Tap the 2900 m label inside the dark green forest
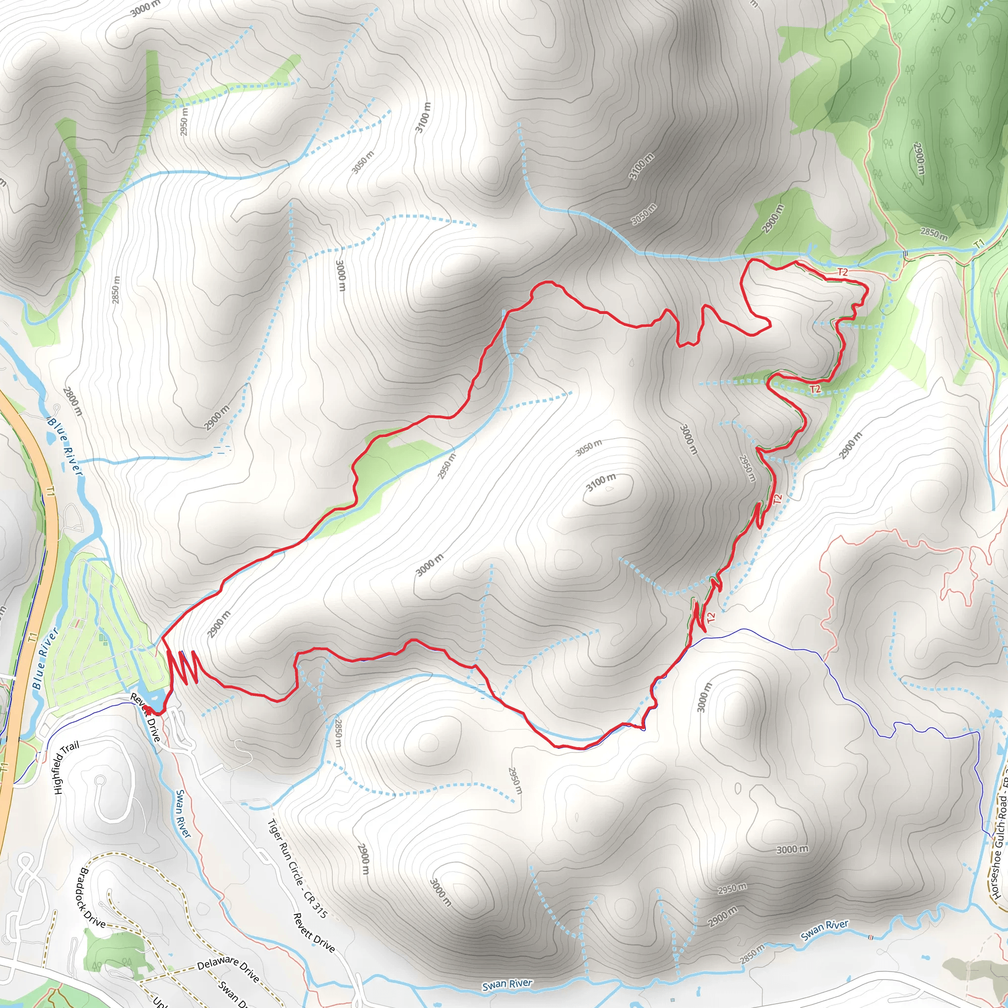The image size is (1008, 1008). click(919, 158)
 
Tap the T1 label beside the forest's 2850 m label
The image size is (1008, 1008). click(979, 243)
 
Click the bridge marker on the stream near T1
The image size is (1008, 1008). click(905, 253)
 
